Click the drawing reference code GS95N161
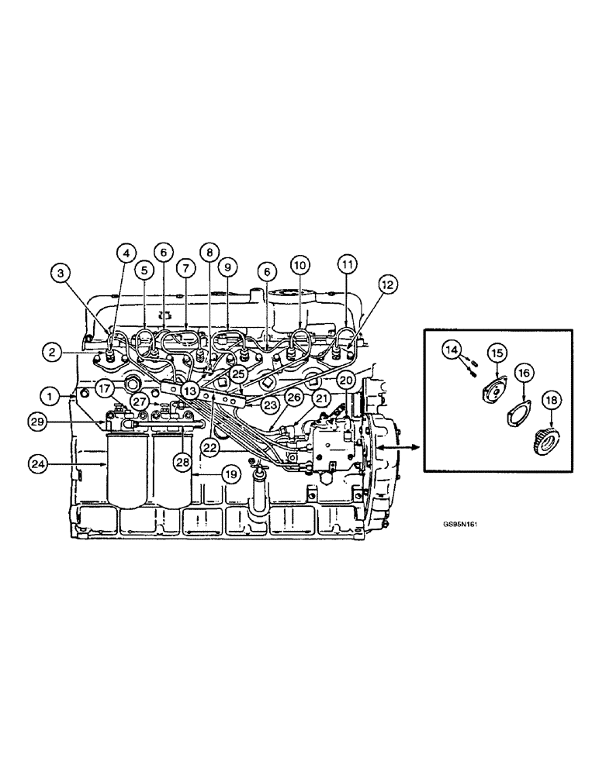pos(460,524)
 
